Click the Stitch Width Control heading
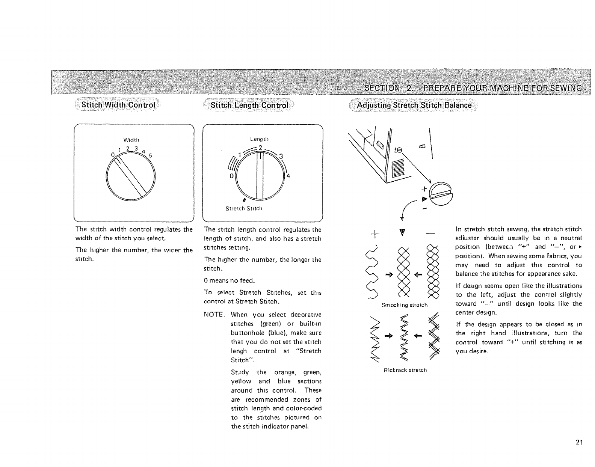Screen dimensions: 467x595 (x=118, y=105)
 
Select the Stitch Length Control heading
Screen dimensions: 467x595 (x=249, y=105)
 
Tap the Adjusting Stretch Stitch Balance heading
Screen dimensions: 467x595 (x=414, y=105)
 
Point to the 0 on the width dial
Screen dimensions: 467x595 (x=112, y=155)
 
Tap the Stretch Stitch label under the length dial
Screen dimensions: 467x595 (x=244, y=208)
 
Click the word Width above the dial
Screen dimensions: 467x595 (x=131, y=140)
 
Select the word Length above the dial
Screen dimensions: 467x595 (x=259, y=139)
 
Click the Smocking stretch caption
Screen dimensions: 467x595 (x=405, y=305)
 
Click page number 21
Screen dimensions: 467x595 (x=579, y=442)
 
